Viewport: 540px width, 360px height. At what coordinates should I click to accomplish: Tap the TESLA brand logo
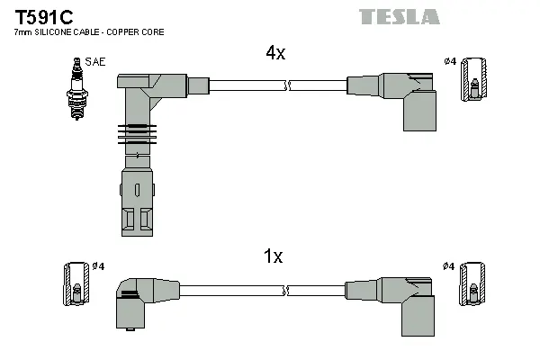(x=399, y=16)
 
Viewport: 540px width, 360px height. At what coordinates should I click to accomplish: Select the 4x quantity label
(x=275, y=53)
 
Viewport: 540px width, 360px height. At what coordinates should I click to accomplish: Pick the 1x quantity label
(x=273, y=256)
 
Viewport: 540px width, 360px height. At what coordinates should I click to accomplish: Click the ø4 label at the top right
(x=450, y=61)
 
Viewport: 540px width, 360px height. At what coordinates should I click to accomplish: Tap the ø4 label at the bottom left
(x=98, y=266)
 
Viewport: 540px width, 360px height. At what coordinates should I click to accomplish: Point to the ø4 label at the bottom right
(x=450, y=266)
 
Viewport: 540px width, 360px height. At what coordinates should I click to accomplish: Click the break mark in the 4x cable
(x=286, y=86)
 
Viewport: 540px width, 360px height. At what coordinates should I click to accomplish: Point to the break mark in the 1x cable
(x=286, y=290)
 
